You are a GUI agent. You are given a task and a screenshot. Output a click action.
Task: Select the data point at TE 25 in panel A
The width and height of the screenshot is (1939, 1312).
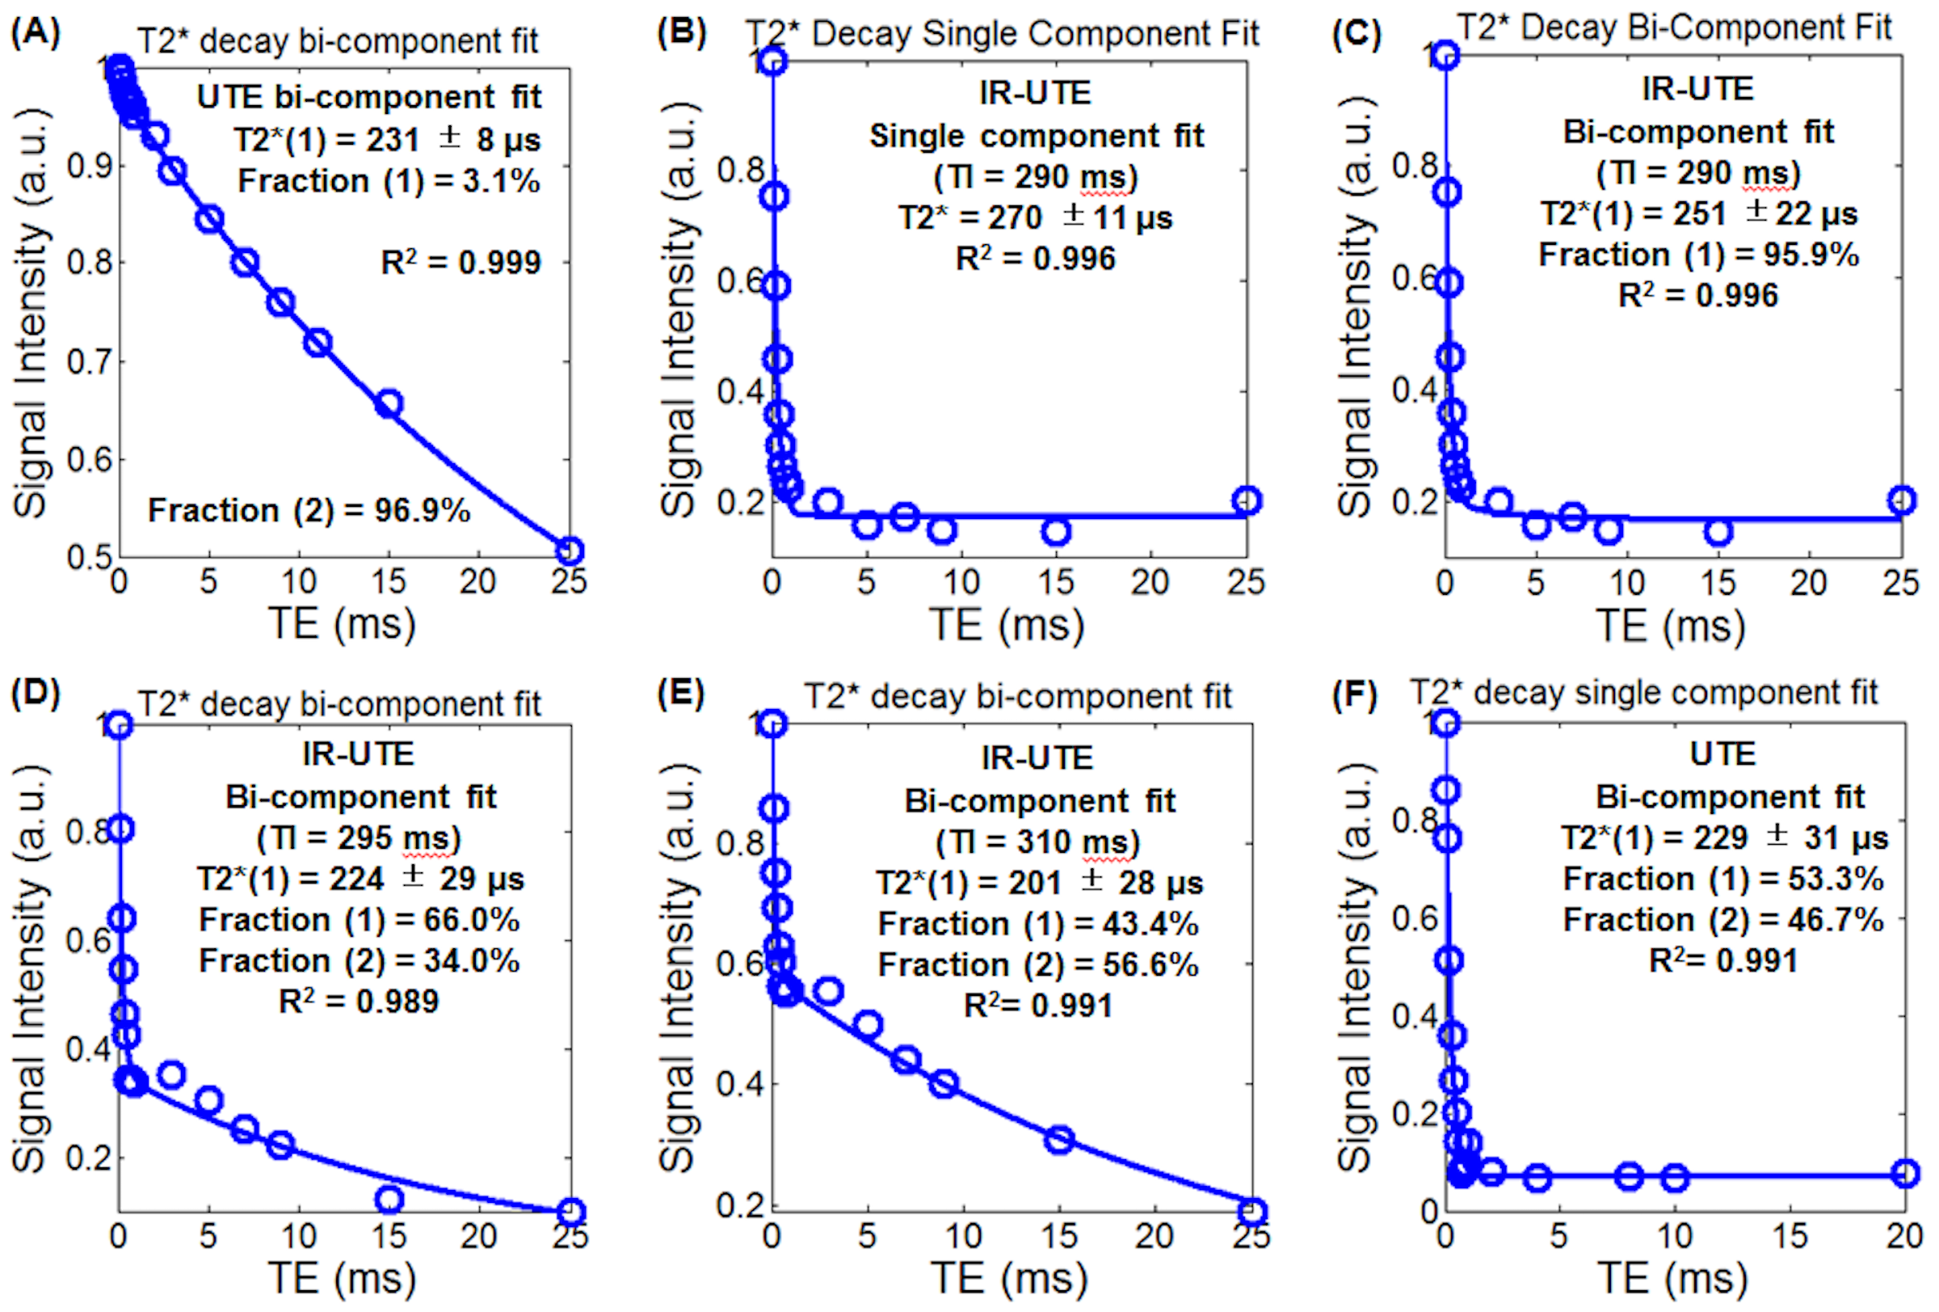click(x=569, y=551)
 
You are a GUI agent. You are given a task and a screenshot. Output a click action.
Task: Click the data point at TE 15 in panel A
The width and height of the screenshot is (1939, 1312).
click(x=389, y=404)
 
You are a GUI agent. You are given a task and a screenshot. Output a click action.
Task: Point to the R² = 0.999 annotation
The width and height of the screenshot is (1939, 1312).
click(x=461, y=263)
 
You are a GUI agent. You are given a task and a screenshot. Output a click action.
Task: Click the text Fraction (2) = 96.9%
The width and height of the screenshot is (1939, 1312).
click(x=309, y=510)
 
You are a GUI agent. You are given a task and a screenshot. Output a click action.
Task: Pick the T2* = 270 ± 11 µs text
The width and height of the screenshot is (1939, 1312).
click(x=1036, y=217)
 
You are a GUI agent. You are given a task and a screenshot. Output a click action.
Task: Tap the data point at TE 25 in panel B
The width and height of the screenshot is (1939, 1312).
click(x=1246, y=500)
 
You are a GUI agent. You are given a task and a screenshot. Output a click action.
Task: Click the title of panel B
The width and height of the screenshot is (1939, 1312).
click(x=1002, y=34)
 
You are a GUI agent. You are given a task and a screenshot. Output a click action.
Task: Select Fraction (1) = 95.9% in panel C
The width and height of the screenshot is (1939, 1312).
click(x=1699, y=255)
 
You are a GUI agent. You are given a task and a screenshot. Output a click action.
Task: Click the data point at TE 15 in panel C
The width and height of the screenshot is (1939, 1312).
click(x=1718, y=532)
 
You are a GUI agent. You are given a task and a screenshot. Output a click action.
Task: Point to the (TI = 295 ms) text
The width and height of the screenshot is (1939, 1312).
click(x=359, y=838)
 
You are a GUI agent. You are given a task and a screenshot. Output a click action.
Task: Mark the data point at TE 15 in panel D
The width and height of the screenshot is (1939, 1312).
click(x=389, y=1200)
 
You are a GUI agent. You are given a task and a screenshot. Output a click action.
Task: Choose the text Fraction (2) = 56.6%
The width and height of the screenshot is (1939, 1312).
click(x=1038, y=965)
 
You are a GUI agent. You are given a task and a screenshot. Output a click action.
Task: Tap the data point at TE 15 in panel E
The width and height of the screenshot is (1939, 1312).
click(x=1058, y=1139)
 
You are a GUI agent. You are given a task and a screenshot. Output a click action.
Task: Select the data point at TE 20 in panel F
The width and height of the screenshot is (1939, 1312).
click(x=1905, y=1175)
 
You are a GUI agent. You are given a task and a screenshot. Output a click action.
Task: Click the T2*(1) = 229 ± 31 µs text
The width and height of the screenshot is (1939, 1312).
click(x=1725, y=838)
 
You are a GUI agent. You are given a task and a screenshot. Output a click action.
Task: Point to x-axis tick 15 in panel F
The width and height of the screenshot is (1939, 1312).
click(x=1790, y=1235)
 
